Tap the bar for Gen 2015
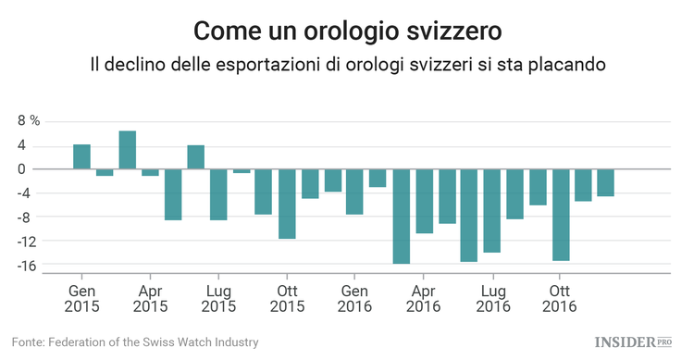(x=81, y=157)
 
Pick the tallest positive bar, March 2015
(x=128, y=150)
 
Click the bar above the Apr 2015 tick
(x=150, y=172)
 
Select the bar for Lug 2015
(x=218, y=194)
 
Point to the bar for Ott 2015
(x=287, y=204)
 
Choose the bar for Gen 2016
(x=355, y=192)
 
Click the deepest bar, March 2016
(x=401, y=217)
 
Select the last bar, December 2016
(x=606, y=183)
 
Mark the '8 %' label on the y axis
(x=30, y=121)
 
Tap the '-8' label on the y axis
(x=28, y=217)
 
